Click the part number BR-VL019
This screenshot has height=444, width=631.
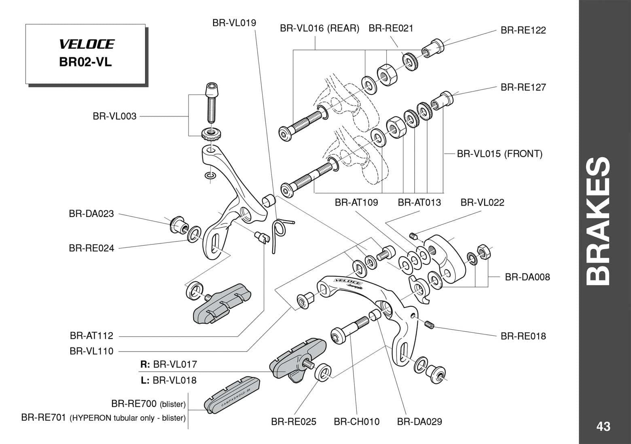234,23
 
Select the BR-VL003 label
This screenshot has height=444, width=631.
114,116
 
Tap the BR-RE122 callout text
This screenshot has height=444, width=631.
523,30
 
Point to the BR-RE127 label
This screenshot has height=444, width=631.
523,87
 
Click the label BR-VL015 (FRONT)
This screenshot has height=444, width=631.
500,154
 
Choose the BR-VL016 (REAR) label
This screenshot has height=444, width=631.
320,28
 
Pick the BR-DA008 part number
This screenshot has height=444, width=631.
527,277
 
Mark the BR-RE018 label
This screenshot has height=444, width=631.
523,336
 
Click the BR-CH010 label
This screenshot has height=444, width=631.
356,422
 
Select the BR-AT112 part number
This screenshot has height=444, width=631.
91,336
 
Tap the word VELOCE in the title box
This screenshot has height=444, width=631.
87,44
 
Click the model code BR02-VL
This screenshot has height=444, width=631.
85,63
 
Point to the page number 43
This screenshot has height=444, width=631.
603,427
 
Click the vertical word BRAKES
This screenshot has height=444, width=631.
599,221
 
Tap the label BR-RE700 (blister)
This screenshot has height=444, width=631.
148,404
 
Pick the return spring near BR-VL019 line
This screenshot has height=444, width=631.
279,233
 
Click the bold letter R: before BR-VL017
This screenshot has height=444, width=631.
145,364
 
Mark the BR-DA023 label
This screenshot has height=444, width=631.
91,214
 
